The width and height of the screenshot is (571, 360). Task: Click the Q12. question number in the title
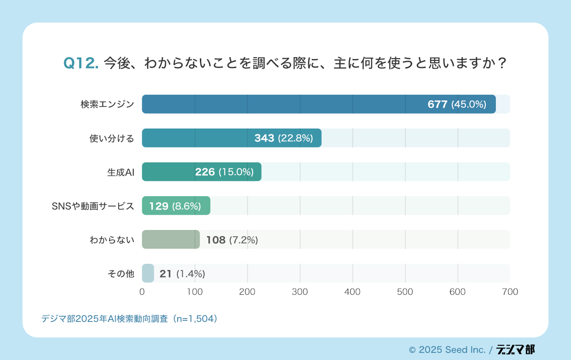[x=81, y=64]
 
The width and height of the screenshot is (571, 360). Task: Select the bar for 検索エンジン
[x=285, y=104]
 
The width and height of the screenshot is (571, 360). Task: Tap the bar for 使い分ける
[x=200, y=138]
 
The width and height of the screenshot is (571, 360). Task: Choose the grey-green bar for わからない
[x=171, y=240]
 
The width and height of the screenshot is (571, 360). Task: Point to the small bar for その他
[x=148, y=273]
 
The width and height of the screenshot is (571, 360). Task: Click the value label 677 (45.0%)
[x=457, y=104]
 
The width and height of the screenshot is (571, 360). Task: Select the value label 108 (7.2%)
[x=232, y=240]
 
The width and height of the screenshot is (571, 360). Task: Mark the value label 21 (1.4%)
[x=182, y=274]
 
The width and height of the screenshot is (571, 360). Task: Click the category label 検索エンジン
[x=108, y=104]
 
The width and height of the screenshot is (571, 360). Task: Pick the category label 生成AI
[x=120, y=172]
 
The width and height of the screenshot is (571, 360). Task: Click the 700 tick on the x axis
[x=510, y=292]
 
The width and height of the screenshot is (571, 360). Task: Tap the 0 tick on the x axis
[x=142, y=292]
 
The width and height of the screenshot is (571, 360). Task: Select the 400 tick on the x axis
[x=353, y=292]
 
